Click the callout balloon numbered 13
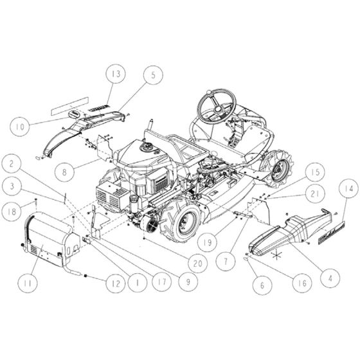(x=115, y=75)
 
